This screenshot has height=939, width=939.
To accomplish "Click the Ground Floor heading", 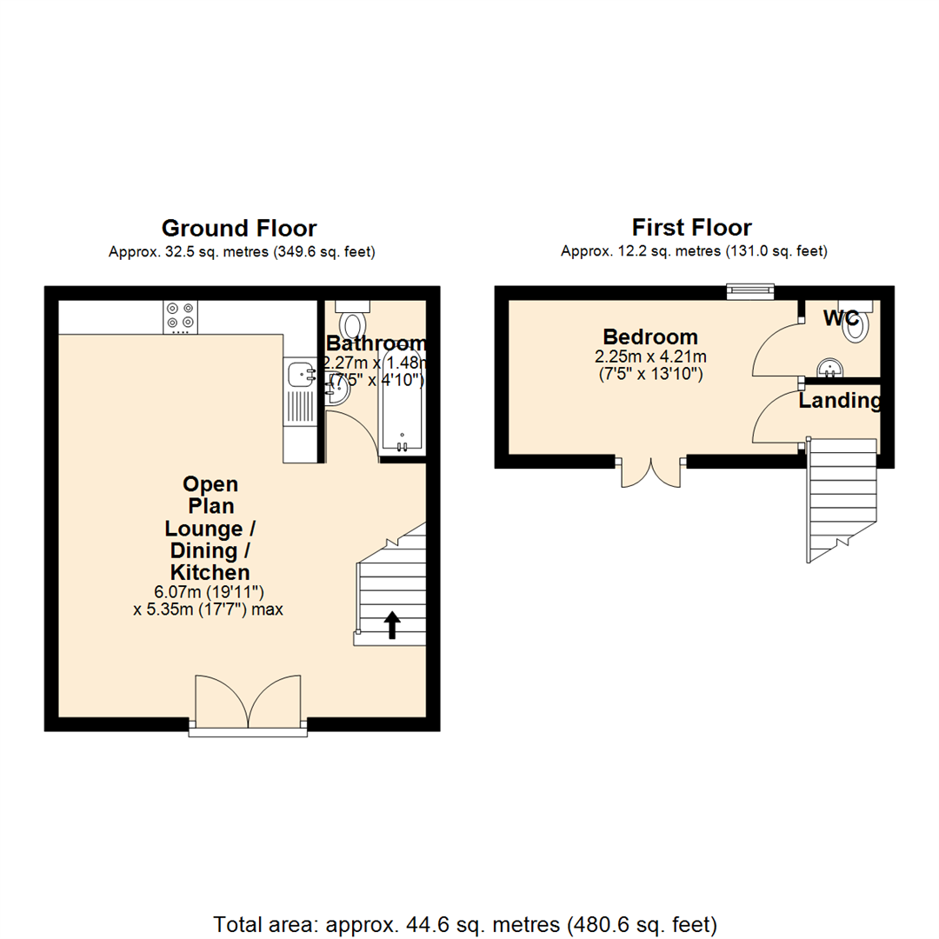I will (239, 228).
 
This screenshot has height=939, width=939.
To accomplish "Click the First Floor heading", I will (691, 228).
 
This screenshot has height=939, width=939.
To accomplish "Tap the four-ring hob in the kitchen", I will (180, 317).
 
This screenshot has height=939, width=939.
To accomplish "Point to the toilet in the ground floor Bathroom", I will (355, 323).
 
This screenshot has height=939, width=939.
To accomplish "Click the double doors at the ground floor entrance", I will (249, 703).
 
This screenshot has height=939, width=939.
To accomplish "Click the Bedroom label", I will (650, 336).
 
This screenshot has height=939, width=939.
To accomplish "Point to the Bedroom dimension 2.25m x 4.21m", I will (649, 356).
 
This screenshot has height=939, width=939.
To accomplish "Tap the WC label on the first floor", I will (841, 318).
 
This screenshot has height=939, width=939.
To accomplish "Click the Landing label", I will (840, 401).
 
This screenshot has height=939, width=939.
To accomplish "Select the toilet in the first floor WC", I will (857, 325).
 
